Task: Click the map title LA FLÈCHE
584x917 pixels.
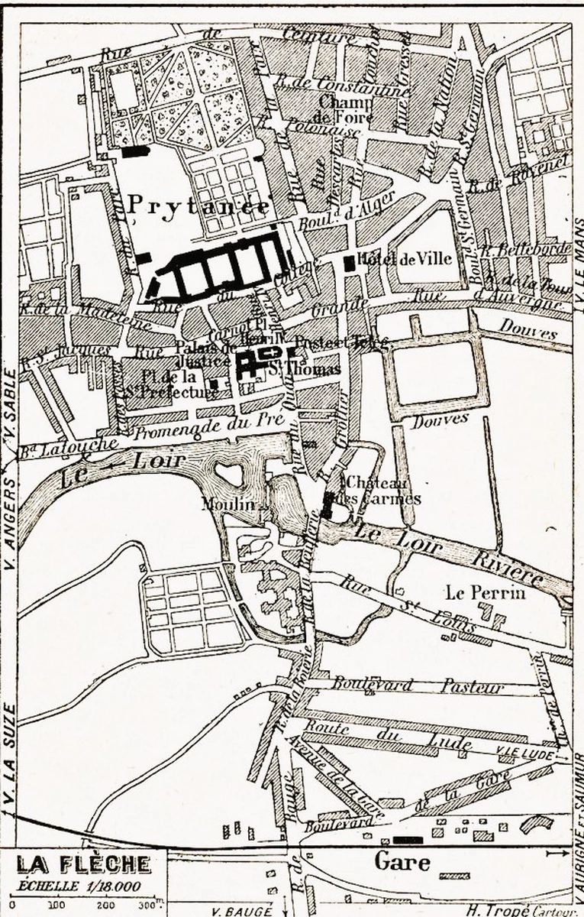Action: pyautogui.click(x=83, y=864)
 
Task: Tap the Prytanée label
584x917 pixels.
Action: pyautogui.click(x=198, y=206)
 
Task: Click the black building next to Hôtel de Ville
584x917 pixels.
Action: pyautogui.click(x=349, y=264)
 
